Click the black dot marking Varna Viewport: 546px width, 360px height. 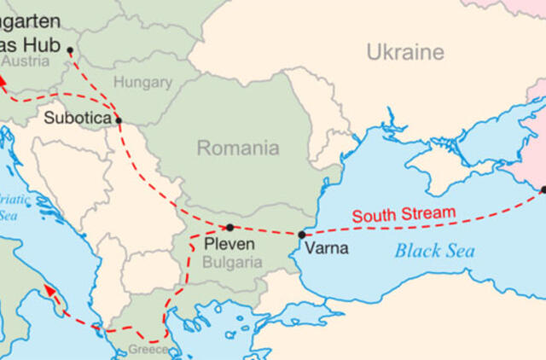coord(301,234)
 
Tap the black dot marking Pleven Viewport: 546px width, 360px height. coord(229,228)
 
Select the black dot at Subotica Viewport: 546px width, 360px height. coord(119,120)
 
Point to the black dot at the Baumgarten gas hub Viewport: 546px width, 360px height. coord(70,50)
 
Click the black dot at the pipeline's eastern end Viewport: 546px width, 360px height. coord(543,189)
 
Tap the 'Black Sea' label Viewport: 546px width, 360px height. coord(434,251)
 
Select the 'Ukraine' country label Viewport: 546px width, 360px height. coord(405,53)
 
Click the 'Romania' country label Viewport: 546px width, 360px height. coord(238,148)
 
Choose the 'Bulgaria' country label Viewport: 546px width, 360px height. coord(233,263)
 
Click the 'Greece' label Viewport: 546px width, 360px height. coord(148,349)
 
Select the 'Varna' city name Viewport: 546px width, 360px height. coord(325,248)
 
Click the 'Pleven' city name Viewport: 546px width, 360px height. coord(229,245)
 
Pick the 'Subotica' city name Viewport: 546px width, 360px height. coord(78,118)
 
